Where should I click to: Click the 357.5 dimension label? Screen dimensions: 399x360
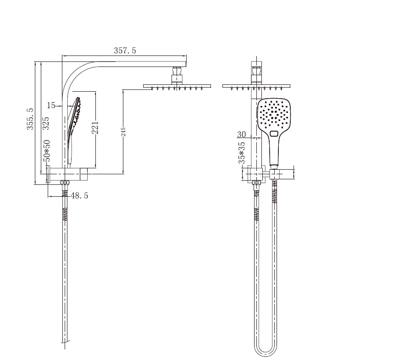(x=125, y=50)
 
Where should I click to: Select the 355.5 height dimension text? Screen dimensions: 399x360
(x=30, y=119)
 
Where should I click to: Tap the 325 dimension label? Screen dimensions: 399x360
(x=46, y=123)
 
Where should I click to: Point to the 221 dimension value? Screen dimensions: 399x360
(x=95, y=127)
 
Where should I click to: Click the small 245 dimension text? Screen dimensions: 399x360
(x=123, y=132)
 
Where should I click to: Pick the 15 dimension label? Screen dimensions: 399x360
(x=51, y=105)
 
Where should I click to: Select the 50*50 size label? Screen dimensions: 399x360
(x=47, y=151)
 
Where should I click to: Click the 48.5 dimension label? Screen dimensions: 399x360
(x=79, y=195)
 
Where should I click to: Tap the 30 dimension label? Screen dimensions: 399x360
(x=242, y=134)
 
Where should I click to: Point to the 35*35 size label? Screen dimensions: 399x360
(x=242, y=153)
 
